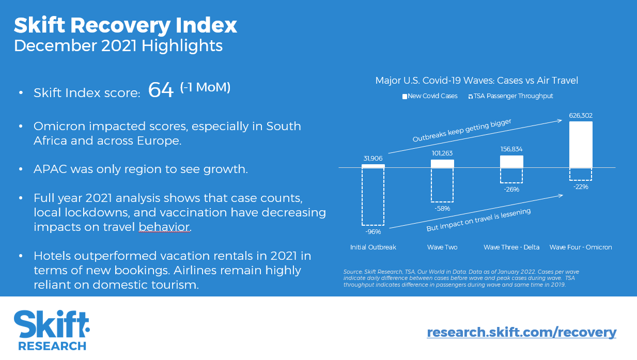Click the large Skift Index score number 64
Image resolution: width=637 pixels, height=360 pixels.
pyautogui.click(x=161, y=90)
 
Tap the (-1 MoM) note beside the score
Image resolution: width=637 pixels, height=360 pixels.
pyautogui.click(x=205, y=87)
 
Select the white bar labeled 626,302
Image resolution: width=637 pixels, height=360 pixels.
pyautogui.click(x=581, y=144)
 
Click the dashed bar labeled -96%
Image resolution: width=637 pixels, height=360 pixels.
pyautogui.click(x=373, y=196)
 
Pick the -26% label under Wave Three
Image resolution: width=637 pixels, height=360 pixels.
pyautogui.click(x=511, y=190)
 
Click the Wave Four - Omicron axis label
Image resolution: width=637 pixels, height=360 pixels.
pyautogui.click(x=581, y=247)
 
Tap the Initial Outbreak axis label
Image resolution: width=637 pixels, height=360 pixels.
pyautogui.click(x=373, y=247)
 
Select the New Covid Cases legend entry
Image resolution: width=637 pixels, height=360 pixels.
pyautogui.click(x=430, y=96)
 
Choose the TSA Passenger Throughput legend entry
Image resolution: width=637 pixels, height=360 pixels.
pyautogui.click(x=510, y=96)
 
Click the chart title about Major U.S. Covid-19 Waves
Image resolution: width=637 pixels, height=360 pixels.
pyautogui.click(x=476, y=81)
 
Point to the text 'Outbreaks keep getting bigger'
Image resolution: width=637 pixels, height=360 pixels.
pyautogui.click(x=462, y=131)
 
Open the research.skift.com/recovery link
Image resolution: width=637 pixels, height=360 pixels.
pyautogui.click(x=521, y=332)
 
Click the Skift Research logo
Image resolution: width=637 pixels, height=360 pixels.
pyautogui.click(x=52, y=330)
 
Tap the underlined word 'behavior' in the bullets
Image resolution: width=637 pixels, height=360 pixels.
pyautogui.click(x=164, y=227)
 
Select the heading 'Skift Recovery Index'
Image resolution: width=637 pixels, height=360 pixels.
pyautogui.click(x=126, y=25)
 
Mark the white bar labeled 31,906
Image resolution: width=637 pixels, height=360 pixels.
pyautogui.click(x=373, y=166)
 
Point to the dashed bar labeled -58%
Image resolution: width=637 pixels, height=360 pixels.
pyautogui.click(x=442, y=185)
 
